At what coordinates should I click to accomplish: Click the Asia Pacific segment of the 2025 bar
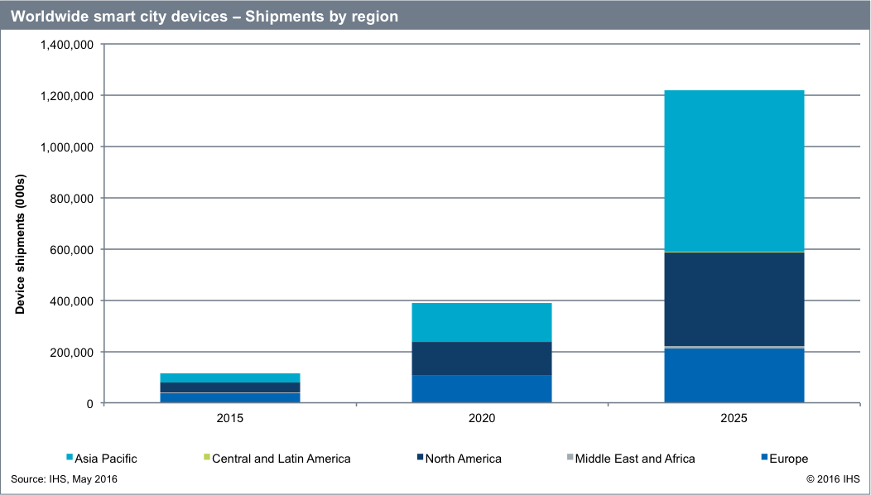pos(734,171)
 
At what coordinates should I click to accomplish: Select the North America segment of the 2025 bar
pos(734,299)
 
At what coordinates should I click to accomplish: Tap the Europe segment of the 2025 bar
pos(734,376)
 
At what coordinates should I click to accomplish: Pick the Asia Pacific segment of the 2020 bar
pos(481,322)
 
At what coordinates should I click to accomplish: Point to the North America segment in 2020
pos(481,358)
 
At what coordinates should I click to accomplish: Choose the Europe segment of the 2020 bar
pos(481,389)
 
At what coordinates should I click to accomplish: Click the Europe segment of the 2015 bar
pos(229,398)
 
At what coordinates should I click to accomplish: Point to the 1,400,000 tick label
pos(66,45)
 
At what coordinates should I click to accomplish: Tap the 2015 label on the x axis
pos(229,420)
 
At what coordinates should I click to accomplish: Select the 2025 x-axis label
pos(734,420)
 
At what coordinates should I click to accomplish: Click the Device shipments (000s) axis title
pos(21,245)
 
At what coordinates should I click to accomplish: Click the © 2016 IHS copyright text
pos(833,479)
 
